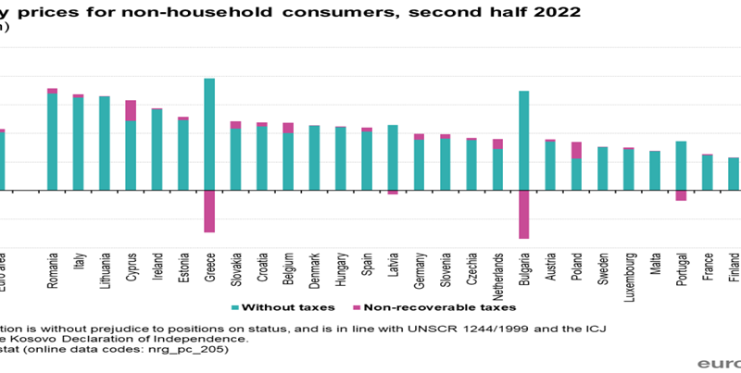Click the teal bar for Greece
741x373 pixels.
click(209, 134)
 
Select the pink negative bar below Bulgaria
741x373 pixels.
click(524, 214)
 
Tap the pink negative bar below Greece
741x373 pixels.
click(209, 211)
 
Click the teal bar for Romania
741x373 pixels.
click(52, 142)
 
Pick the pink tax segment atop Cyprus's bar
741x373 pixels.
click(131, 110)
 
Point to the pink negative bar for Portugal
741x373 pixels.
click(681, 195)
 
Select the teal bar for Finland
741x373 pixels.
click(734, 174)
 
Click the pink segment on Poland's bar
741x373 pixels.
click(576, 150)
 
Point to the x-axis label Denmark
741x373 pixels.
click(315, 268)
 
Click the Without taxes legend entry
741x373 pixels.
click(279, 306)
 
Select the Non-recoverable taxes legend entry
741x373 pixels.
click(433, 306)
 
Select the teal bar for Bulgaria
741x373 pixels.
click(524, 141)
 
